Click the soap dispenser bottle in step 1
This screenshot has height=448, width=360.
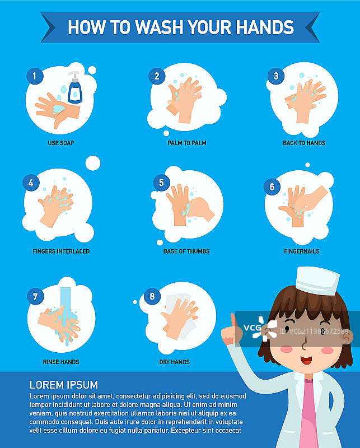(75, 87)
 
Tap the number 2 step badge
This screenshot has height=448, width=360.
(157, 76)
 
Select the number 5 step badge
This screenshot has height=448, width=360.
(161, 183)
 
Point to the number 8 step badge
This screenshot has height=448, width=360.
(152, 296)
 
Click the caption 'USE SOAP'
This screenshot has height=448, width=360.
(61, 143)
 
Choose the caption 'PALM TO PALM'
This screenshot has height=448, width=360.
(187, 143)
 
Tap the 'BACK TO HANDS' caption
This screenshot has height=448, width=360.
(304, 143)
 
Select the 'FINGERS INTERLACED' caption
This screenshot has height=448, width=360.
(61, 251)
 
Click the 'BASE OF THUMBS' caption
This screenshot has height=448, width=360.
(186, 251)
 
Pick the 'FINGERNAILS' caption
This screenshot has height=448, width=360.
(302, 251)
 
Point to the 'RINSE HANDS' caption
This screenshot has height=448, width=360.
(61, 362)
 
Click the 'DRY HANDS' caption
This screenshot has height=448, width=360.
(174, 362)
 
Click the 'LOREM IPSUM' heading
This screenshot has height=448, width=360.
(64, 385)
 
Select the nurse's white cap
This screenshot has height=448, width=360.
(317, 281)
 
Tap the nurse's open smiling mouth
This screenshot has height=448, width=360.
(306, 360)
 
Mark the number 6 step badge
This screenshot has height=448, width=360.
(272, 187)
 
